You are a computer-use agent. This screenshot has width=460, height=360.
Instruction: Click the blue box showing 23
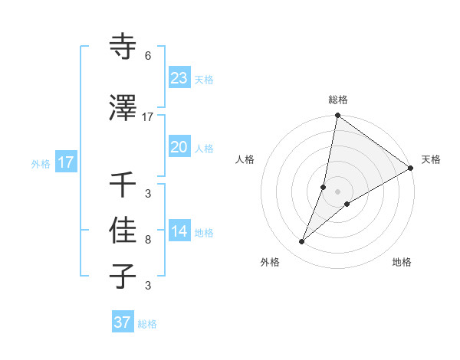[179, 78]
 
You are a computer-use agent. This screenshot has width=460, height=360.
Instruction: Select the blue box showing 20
[179, 147]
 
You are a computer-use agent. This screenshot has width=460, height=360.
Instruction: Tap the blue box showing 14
[179, 232]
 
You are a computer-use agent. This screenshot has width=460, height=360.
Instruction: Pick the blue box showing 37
[122, 322]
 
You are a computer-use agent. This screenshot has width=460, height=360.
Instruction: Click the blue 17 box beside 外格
[65, 162]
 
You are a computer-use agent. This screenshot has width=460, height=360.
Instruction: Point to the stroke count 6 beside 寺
[148, 56]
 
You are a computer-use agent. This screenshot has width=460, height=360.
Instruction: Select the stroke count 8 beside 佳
[148, 239]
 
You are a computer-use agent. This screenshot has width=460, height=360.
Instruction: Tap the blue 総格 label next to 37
[147, 324]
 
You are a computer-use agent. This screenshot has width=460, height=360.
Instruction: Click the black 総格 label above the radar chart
[338, 100]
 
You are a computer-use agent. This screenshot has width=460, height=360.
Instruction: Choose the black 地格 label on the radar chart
[402, 262]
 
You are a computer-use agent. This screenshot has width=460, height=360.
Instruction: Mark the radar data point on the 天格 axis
[411, 168]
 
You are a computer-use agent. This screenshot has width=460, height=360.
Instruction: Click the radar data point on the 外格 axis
[301, 242]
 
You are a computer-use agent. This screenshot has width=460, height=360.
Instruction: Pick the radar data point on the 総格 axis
[337, 116]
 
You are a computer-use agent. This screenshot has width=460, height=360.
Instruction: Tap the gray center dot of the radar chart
[338, 191]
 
